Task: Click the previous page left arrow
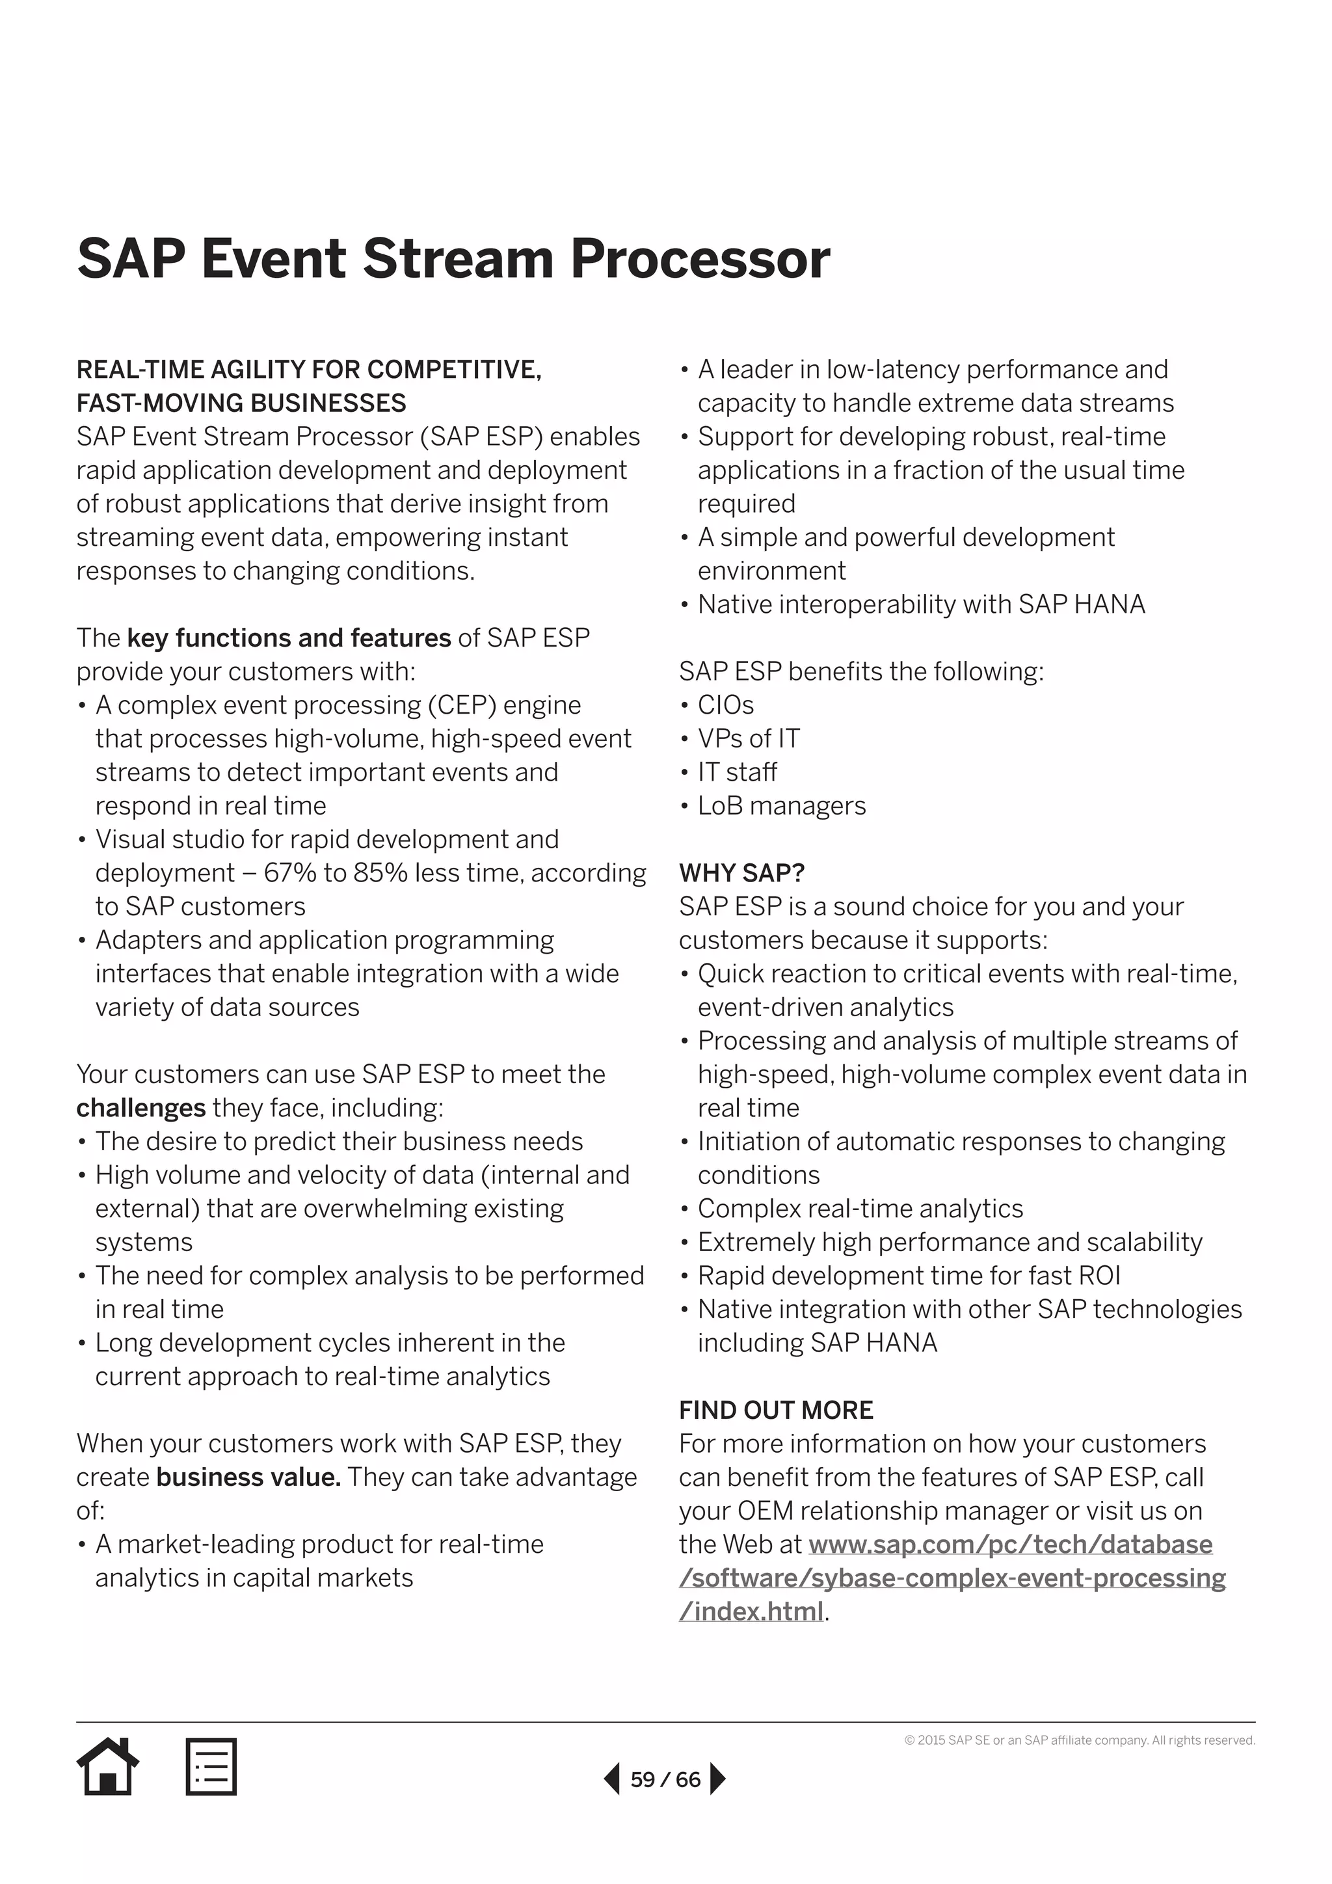point(612,1779)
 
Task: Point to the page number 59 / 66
point(665,1780)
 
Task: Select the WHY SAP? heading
point(741,872)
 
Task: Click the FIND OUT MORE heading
point(776,1410)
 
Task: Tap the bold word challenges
point(140,1108)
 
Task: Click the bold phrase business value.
point(248,1477)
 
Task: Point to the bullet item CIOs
point(725,705)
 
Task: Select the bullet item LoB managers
point(781,806)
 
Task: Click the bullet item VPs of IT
point(748,738)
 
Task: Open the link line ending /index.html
point(751,1611)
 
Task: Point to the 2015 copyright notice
point(1080,1740)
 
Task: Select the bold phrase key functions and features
point(289,638)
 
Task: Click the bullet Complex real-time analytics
point(860,1209)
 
